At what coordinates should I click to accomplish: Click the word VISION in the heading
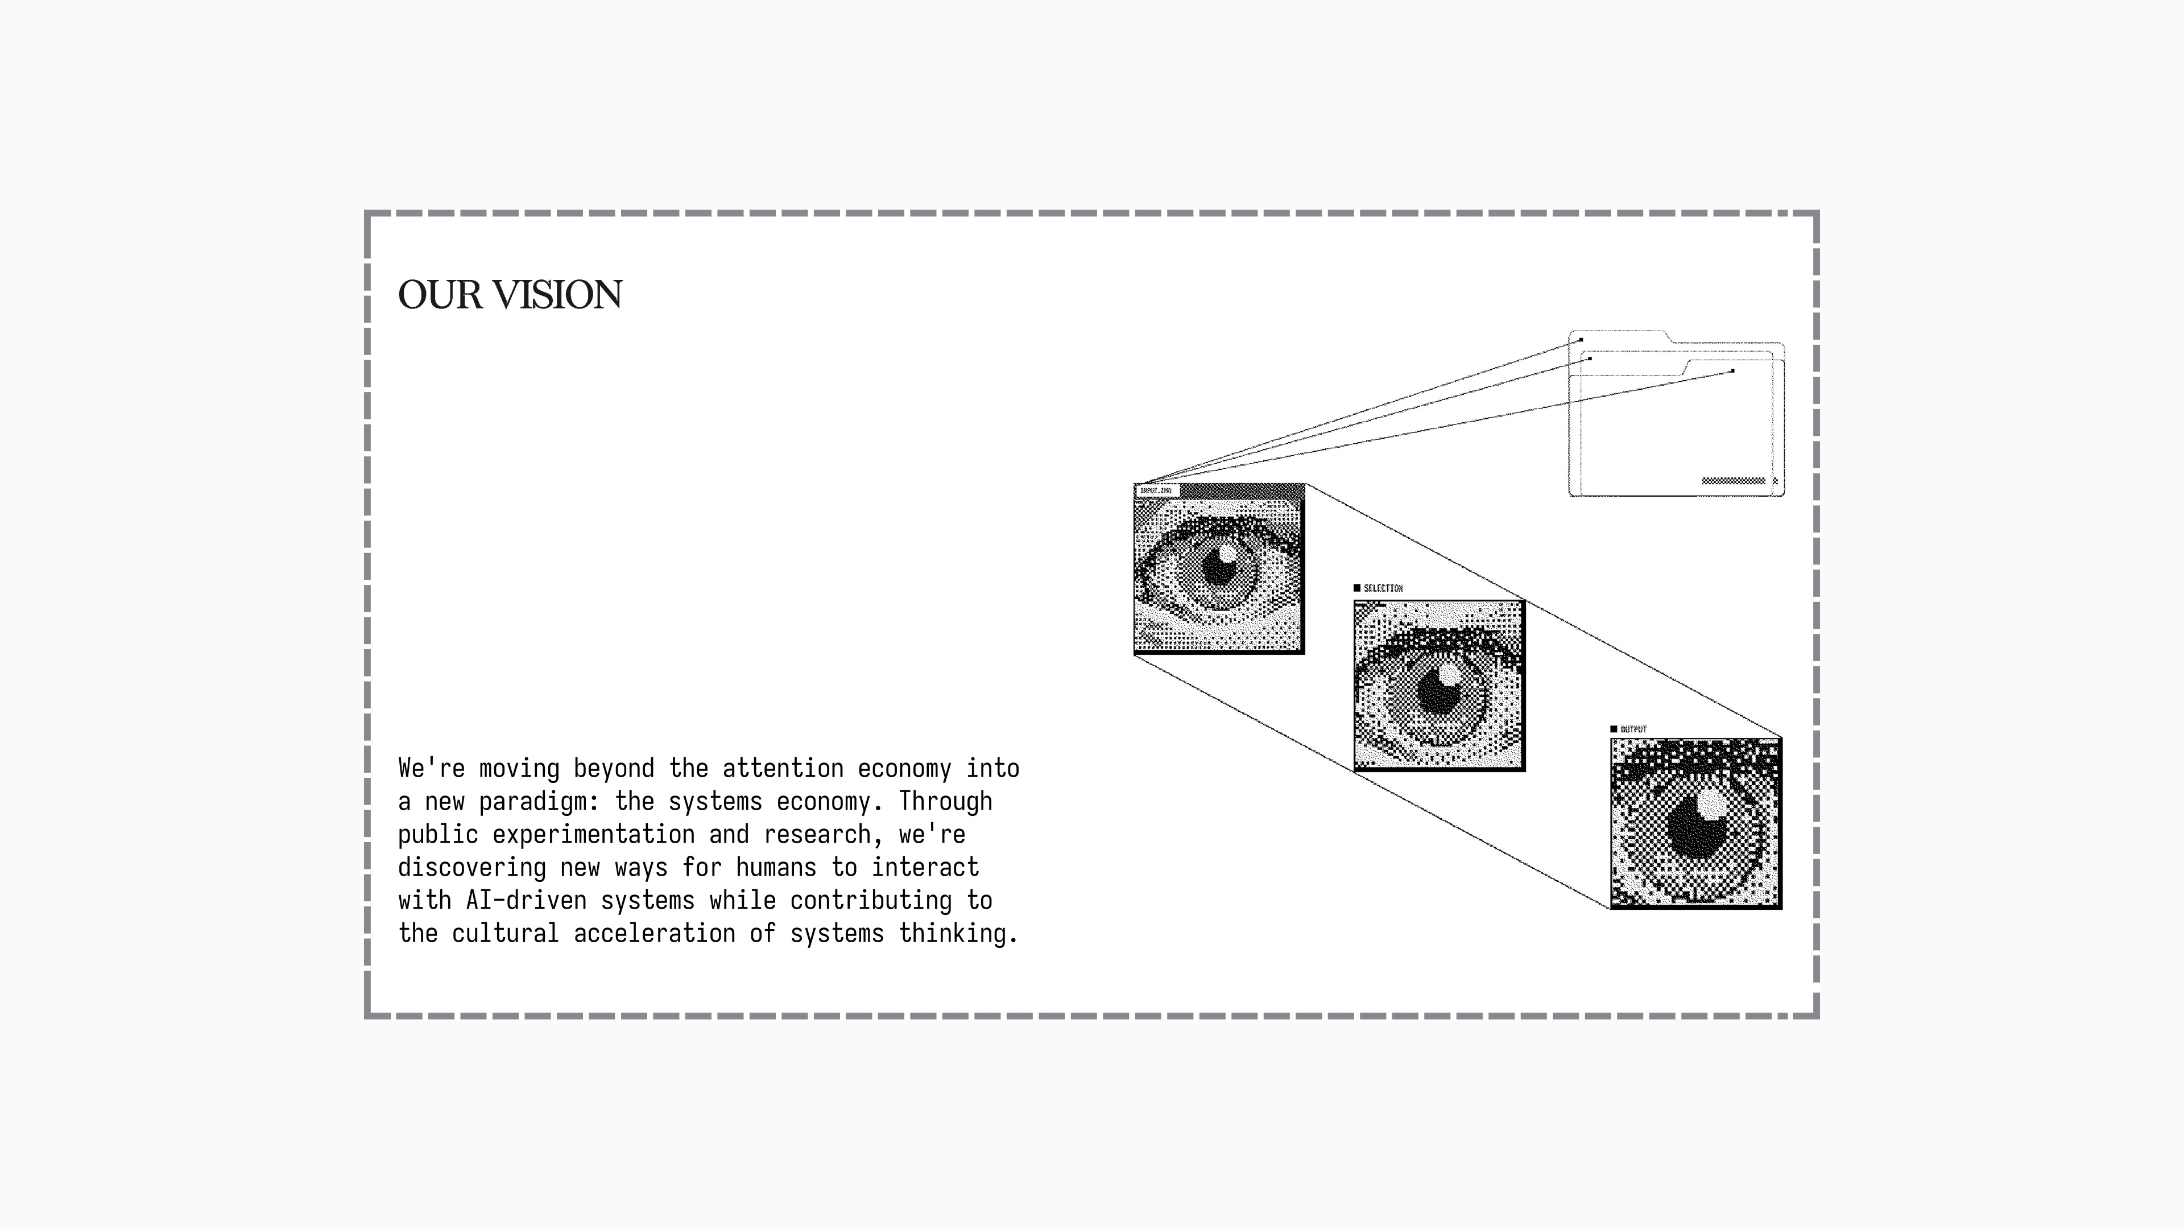558,295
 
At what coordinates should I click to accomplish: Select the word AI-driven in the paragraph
526,901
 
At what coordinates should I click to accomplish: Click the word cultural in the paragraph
505,934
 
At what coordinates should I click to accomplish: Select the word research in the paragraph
817,835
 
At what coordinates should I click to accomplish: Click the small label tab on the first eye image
1156,491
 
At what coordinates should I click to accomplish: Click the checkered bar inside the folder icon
1733,481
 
